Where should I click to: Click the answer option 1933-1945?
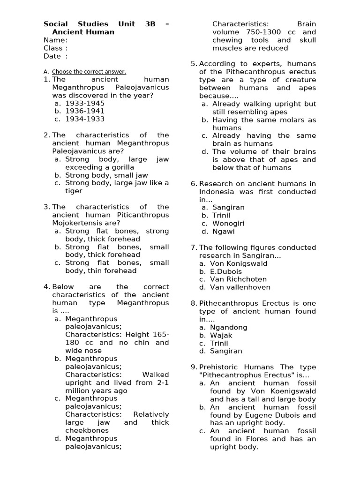84,103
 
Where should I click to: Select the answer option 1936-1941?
84,111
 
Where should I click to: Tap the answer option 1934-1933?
84,119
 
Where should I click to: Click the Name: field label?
55,40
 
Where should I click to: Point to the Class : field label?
55,48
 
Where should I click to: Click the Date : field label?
55,56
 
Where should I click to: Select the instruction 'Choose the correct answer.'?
89,72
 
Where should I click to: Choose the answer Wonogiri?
228,224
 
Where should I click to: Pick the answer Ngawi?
224,232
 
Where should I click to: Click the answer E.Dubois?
226,271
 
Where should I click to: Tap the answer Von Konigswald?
239,263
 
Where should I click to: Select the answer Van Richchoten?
238,279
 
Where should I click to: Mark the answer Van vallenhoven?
240,287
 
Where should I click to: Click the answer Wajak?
221,335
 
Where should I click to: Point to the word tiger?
74,191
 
